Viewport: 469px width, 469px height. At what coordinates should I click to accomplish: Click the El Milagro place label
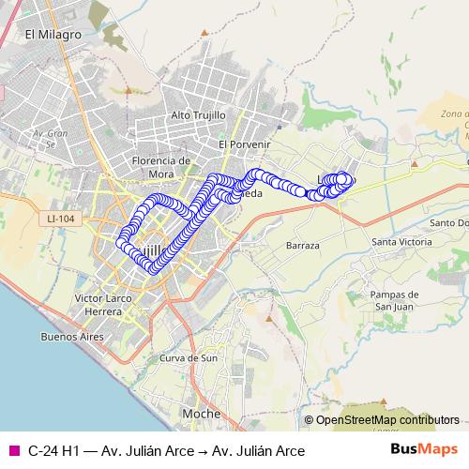[x=54, y=35]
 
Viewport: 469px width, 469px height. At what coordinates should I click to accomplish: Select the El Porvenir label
[x=244, y=144]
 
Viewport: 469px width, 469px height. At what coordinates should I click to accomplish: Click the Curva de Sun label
[x=189, y=358]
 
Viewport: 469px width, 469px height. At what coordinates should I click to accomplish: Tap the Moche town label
[x=202, y=414]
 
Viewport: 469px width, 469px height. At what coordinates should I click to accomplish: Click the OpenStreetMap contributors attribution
[x=386, y=419]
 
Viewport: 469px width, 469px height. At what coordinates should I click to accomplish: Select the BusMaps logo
[x=424, y=450]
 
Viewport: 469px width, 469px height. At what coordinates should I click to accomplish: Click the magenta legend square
[x=13, y=451]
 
